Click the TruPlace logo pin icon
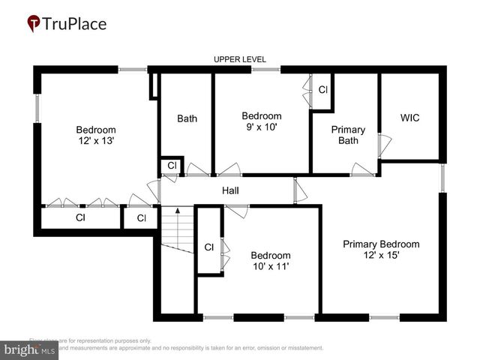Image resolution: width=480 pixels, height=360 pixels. [x=34, y=23]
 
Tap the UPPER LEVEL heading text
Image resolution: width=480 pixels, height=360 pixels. [x=240, y=59]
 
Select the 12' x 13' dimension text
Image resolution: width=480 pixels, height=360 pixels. [x=95, y=140]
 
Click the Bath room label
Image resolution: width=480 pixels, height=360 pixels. [x=187, y=118]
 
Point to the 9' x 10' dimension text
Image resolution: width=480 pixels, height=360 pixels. [x=261, y=127]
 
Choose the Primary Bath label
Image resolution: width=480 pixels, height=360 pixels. [x=348, y=135]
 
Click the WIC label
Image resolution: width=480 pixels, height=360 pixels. [x=409, y=118]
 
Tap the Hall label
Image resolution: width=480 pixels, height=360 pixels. [x=230, y=190]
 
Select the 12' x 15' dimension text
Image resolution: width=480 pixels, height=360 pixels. [x=381, y=255]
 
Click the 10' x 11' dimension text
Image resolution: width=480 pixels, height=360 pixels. [x=270, y=265]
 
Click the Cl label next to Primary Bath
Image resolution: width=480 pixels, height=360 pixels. [x=323, y=89]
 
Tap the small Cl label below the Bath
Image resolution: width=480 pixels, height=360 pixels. [x=171, y=165]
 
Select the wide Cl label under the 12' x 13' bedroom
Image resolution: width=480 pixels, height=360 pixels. [x=80, y=218]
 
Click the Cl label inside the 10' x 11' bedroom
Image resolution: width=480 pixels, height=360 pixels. [x=209, y=247]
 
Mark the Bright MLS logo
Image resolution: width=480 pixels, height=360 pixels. [x=30, y=349]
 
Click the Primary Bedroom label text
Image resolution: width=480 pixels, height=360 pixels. [x=381, y=244]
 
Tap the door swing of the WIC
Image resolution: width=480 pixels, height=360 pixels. [x=384, y=146]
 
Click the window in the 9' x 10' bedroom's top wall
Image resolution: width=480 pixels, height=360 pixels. [x=265, y=70]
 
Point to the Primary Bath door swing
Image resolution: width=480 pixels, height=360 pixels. [x=363, y=169]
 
